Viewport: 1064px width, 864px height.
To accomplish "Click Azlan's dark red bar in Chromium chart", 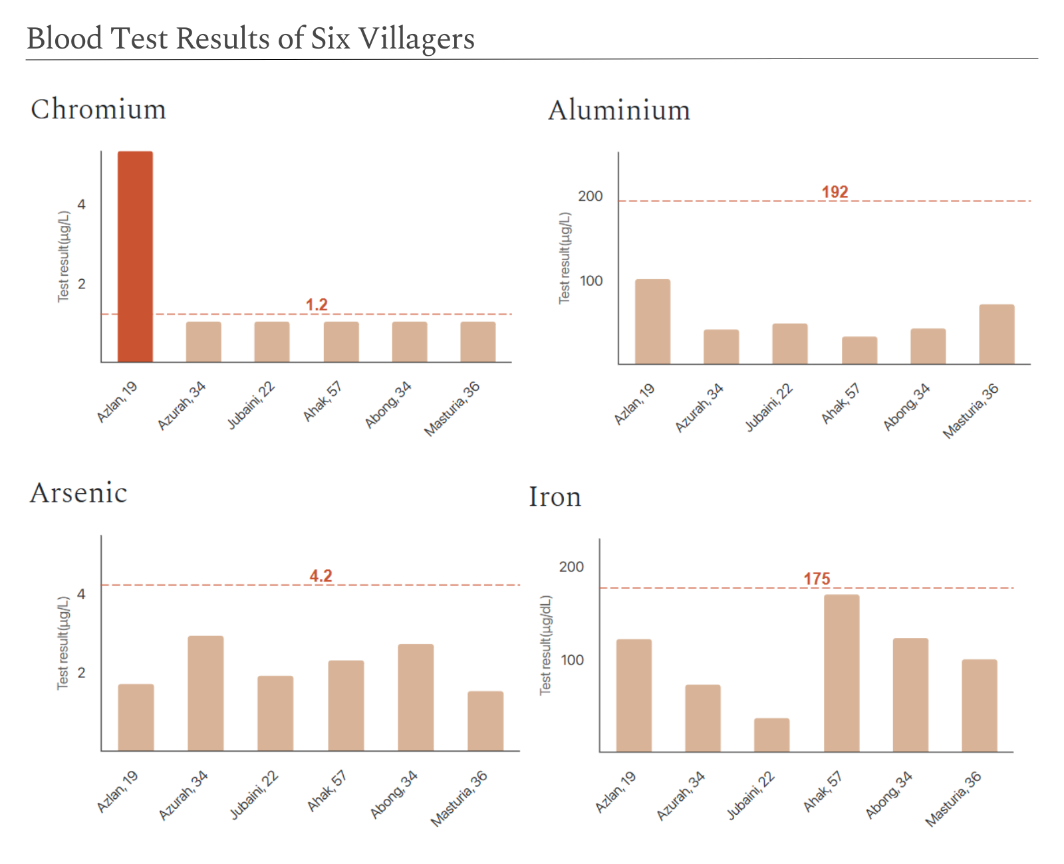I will click(135, 257).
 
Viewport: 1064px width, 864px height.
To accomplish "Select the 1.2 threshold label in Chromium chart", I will click(317, 304).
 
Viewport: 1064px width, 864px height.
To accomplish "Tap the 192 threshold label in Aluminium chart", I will click(835, 192).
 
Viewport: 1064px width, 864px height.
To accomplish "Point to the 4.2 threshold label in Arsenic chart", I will click(321, 576).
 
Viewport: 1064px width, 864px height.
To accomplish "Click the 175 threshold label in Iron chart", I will click(817, 579).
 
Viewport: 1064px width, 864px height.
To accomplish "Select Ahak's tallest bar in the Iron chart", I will click(841, 673).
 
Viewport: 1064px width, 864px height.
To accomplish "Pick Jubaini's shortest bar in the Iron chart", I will click(771, 734).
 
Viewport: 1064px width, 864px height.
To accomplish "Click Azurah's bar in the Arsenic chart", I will click(205, 693).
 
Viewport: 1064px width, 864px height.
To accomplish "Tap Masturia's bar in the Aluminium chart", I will click(996, 334).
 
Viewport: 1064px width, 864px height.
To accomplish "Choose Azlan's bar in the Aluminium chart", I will click(652, 322).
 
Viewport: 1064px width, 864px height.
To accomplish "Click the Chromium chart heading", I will click(98, 109).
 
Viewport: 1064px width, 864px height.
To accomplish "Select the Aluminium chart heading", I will click(618, 110).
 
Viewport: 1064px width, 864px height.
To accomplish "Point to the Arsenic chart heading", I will click(78, 493).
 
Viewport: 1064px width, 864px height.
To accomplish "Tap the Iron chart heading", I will click(555, 496).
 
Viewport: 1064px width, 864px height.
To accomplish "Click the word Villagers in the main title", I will click(416, 39).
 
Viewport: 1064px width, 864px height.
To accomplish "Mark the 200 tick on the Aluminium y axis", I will click(590, 196).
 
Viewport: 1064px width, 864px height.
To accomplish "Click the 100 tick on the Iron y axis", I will click(572, 660).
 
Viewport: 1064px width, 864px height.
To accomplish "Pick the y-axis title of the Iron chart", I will click(545, 645).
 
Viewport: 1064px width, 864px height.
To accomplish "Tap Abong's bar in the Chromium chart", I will click(409, 342).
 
